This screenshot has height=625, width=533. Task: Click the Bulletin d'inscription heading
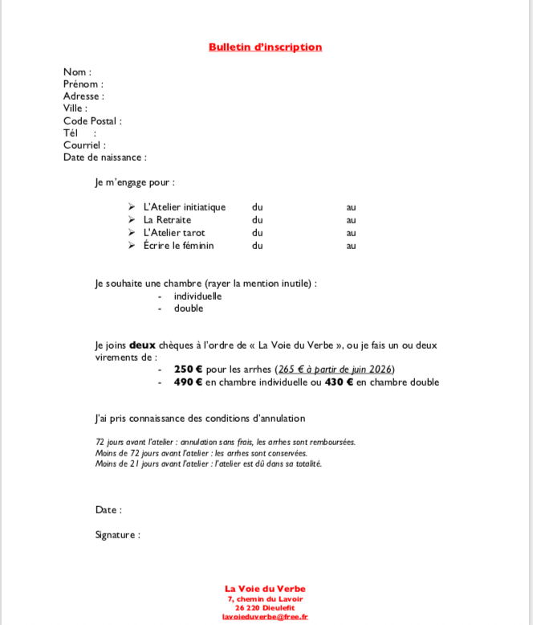pyautogui.click(x=265, y=47)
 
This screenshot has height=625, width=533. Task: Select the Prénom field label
pyautogui.click(x=82, y=84)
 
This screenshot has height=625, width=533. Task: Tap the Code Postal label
pyautogui.click(x=92, y=121)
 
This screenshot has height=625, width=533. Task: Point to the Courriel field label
pyautogui.click(x=83, y=145)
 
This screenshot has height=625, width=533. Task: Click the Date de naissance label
pyautogui.click(x=104, y=157)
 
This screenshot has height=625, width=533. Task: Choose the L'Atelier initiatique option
pyautogui.click(x=185, y=207)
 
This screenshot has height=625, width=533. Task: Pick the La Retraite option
pyautogui.click(x=168, y=220)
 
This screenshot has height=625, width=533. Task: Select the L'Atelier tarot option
pyautogui.click(x=174, y=233)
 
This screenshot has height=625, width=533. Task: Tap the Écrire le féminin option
pyautogui.click(x=179, y=246)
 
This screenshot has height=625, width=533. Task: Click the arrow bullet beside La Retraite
pyautogui.click(x=132, y=220)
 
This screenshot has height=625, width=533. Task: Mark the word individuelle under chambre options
pyautogui.click(x=197, y=296)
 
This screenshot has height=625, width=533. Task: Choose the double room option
pyautogui.click(x=189, y=308)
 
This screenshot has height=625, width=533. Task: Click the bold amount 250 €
pyautogui.click(x=188, y=370)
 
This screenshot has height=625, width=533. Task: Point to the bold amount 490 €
pyautogui.click(x=188, y=382)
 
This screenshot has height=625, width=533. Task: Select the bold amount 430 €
pyautogui.click(x=339, y=382)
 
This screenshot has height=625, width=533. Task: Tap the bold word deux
pyautogui.click(x=142, y=345)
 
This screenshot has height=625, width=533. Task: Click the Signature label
pyautogui.click(x=116, y=535)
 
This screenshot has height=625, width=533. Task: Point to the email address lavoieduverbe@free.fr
pyautogui.click(x=265, y=617)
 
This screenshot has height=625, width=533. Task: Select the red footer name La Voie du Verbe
pyautogui.click(x=265, y=589)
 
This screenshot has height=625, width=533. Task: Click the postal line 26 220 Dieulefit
pyautogui.click(x=265, y=607)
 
